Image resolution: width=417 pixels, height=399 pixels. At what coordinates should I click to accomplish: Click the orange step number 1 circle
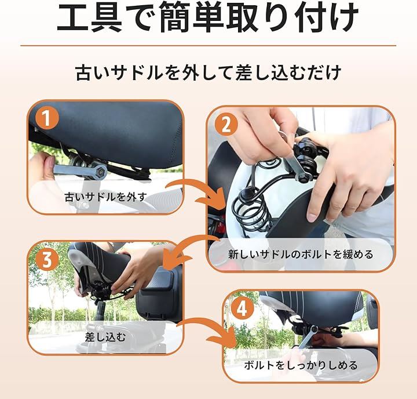[47, 118]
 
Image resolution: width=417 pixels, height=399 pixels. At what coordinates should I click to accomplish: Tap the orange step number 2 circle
[226, 124]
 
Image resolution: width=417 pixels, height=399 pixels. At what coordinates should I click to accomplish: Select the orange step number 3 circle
[47, 259]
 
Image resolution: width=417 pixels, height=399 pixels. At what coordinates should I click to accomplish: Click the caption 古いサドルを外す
[106, 197]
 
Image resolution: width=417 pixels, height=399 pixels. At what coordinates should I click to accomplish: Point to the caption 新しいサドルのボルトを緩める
[301, 255]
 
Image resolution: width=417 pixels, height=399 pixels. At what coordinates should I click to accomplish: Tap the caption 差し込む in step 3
[105, 337]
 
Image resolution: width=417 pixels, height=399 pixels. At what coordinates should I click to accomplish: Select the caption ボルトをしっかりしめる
[301, 365]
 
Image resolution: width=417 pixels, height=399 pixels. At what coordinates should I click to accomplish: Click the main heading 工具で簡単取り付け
[208, 17]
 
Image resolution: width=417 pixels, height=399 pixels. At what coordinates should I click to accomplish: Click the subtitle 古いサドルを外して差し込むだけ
[209, 72]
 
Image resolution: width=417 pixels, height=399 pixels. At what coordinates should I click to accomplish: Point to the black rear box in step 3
[159, 293]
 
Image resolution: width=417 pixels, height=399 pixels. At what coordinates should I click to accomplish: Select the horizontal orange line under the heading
[209, 46]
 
